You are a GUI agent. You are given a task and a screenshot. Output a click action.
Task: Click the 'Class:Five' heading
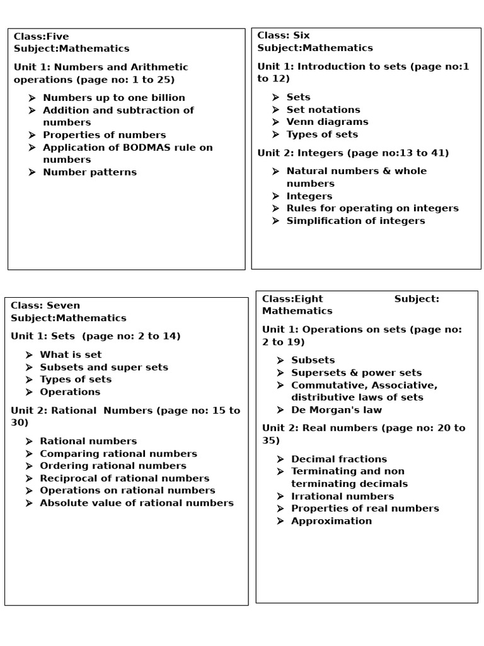(42, 37)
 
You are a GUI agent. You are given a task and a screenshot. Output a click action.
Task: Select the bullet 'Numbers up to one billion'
(113, 98)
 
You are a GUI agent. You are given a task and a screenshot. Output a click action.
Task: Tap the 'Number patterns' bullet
(89, 172)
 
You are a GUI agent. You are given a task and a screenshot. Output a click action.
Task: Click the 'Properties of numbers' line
(104, 135)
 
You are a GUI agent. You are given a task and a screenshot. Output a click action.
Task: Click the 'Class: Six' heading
(284, 36)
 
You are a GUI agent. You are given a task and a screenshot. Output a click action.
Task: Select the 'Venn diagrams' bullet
(327, 122)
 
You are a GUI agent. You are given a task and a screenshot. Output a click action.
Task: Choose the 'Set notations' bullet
(323, 110)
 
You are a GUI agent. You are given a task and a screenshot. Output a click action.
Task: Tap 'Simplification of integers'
(355, 221)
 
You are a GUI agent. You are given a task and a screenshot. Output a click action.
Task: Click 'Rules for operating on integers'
(372, 208)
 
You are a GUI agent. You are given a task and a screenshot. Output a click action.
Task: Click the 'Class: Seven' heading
(45, 306)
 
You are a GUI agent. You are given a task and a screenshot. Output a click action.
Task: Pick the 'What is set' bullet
(71, 355)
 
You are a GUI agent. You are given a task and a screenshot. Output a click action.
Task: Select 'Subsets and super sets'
(104, 367)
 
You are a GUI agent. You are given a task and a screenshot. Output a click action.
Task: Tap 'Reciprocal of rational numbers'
(124, 478)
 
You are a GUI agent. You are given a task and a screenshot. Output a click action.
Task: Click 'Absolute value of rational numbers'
(137, 503)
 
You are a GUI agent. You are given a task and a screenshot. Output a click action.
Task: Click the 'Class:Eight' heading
(292, 299)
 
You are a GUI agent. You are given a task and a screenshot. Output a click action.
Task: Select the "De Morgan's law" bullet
(336, 410)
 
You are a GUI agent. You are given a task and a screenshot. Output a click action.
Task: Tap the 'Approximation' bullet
(331, 521)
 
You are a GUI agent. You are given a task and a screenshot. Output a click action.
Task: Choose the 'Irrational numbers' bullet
(342, 496)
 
